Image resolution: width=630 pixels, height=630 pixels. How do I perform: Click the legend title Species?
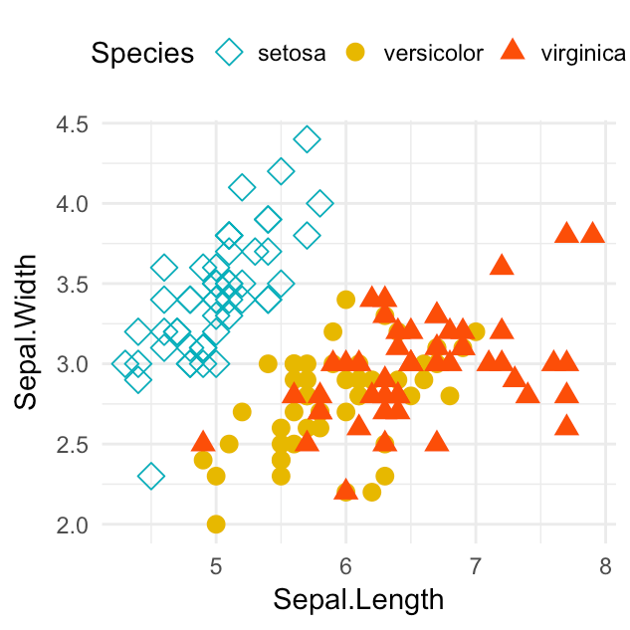coord(141,53)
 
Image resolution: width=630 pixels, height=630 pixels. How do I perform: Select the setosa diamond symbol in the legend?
coord(231,53)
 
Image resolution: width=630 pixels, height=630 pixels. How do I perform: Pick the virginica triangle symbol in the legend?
coord(513,52)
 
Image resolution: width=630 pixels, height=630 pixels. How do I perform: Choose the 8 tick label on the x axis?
coord(605,564)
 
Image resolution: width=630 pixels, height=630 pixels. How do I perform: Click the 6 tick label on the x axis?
coord(345,564)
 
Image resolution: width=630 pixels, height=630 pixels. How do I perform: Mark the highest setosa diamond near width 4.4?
coord(307,139)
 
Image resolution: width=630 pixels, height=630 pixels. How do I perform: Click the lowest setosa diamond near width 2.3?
coord(151,476)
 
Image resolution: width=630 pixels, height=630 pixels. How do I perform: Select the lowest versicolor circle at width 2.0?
coord(216,524)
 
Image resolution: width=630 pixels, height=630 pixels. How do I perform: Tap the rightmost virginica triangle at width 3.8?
coord(592,234)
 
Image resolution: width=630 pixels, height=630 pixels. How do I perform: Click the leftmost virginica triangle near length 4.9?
coord(203,442)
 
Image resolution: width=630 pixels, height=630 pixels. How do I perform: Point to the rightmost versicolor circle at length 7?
coord(475,331)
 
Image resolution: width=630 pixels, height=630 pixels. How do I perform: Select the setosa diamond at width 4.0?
coord(319,203)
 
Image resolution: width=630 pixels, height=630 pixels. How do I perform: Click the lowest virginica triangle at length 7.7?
coord(566,426)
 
